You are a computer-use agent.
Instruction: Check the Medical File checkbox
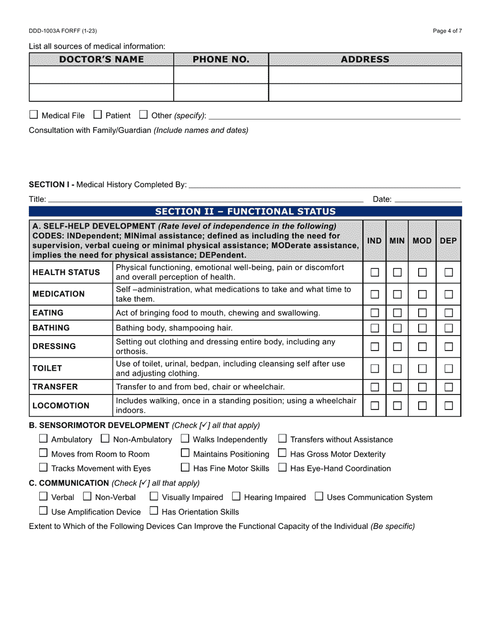coord(34,115)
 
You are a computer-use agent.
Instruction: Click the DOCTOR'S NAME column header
coord(101,59)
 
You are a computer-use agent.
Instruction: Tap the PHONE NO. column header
coord(221,59)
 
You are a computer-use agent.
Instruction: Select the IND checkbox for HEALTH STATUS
coord(375,272)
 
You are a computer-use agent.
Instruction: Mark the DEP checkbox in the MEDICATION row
coord(449,294)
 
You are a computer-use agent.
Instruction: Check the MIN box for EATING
coord(397,313)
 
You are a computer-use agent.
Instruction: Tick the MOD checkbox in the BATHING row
coord(422,328)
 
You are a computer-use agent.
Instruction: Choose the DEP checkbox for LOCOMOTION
coord(449,406)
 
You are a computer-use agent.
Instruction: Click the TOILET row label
coord(47,368)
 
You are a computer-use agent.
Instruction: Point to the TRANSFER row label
coord(55,387)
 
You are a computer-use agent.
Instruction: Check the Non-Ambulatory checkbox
coord(105,439)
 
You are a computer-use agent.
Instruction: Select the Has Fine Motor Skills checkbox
coord(185,468)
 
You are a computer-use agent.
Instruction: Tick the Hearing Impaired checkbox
coord(236,497)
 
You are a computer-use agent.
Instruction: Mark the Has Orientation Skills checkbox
coord(154,511)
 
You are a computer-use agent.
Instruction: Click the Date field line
coord(428,199)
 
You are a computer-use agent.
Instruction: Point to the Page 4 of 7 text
coord(447,31)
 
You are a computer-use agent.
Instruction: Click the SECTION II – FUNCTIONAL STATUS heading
coord(245,211)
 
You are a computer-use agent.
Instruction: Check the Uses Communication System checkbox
coord(319,497)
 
